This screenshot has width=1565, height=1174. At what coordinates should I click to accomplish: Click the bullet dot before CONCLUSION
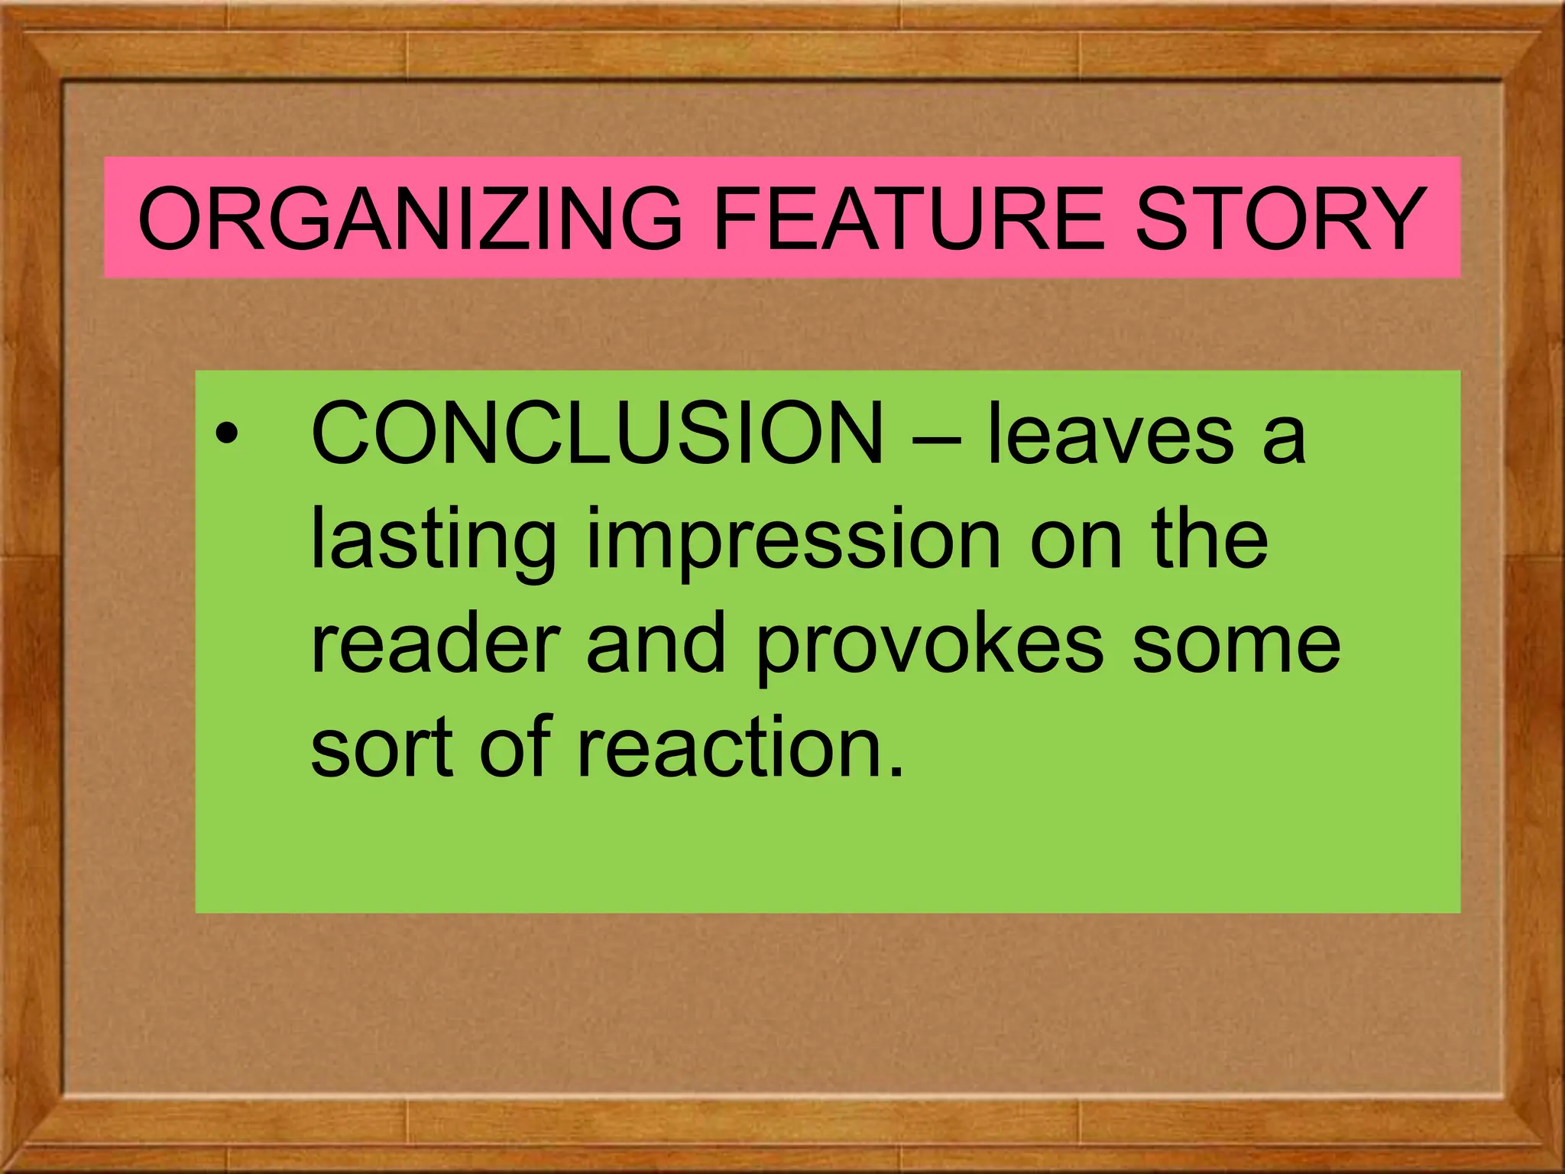tap(226, 436)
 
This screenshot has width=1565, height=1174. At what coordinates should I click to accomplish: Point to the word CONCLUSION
tap(597, 434)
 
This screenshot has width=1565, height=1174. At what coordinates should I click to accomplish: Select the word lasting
tap(433, 541)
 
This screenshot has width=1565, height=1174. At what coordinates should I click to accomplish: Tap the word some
tap(1236, 646)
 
